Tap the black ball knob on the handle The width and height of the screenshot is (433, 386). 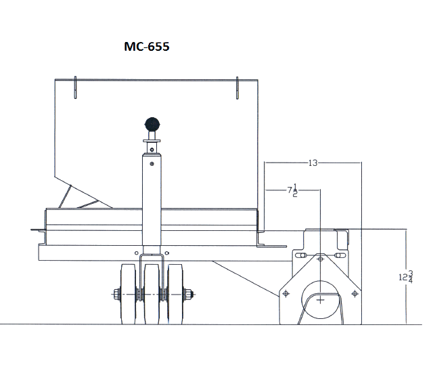pyautogui.click(x=152, y=125)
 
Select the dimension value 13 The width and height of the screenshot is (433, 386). pyautogui.click(x=313, y=163)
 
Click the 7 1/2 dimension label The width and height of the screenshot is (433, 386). pyautogui.click(x=293, y=192)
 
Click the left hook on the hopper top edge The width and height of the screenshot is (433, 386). pyautogui.click(x=75, y=87)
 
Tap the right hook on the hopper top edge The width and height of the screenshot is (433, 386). pyautogui.click(x=237, y=88)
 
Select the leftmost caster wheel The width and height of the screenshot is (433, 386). pyautogui.click(x=127, y=293)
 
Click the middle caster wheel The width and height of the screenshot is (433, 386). pyautogui.click(x=152, y=293)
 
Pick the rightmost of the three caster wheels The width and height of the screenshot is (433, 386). pyautogui.click(x=177, y=293)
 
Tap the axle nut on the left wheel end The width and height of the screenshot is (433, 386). pyautogui.click(x=117, y=294)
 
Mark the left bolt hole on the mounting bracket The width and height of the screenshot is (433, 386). pyautogui.click(x=286, y=293)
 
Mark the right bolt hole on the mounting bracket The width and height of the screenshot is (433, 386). pyautogui.click(x=354, y=293)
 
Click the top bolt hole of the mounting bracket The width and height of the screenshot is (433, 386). pyautogui.click(x=320, y=258)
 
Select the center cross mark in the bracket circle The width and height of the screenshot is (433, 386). pyautogui.click(x=320, y=299)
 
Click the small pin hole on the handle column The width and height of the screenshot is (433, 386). pyautogui.click(x=152, y=163)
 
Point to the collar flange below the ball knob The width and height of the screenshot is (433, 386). pyautogui.click(x=152, y=142)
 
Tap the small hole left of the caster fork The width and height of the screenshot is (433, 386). pyautogui.click(x=136, y=255)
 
